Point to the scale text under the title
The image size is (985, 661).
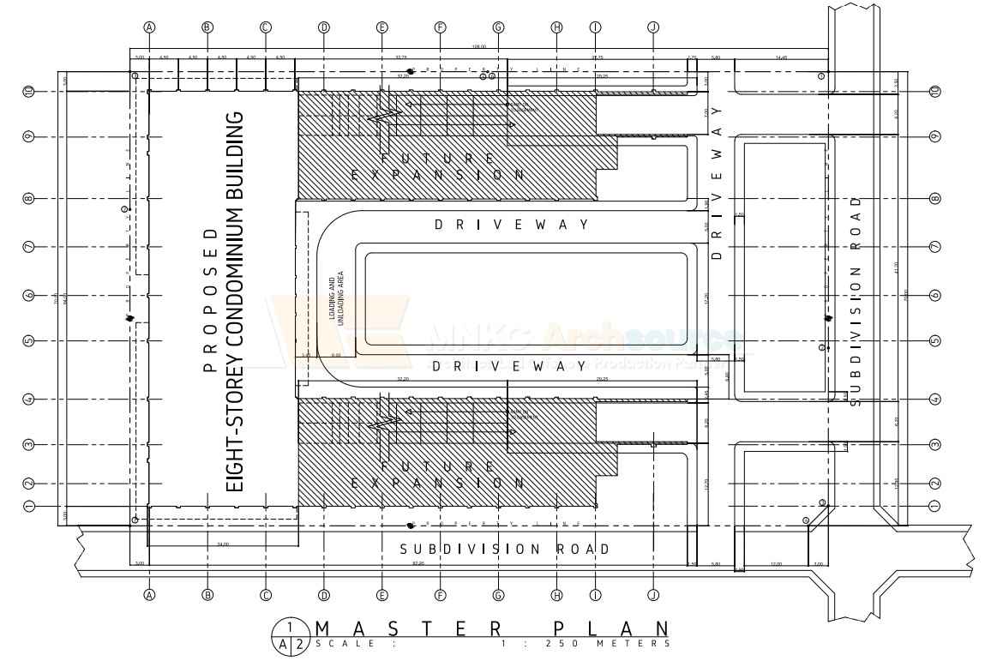coord(492,644)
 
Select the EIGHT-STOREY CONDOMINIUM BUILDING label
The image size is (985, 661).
coord(237,301)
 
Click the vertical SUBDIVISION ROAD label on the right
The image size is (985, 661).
coord(856,301)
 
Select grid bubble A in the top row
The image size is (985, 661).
coord(149,27)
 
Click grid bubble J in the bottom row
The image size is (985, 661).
coord(654,594)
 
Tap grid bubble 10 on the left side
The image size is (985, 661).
coord(29,91)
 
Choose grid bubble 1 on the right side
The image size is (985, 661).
coord(935,506)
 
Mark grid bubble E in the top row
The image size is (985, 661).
coord(382,27)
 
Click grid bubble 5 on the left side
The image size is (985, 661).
coord(29,341)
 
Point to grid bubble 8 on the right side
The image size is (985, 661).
coord(935,199)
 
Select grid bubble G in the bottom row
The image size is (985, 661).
coord(499,594)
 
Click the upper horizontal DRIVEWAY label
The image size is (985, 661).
coord(512,225)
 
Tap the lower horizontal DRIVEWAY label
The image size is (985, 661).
coord(512,366)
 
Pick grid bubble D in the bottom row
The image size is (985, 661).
coord(324,594)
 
